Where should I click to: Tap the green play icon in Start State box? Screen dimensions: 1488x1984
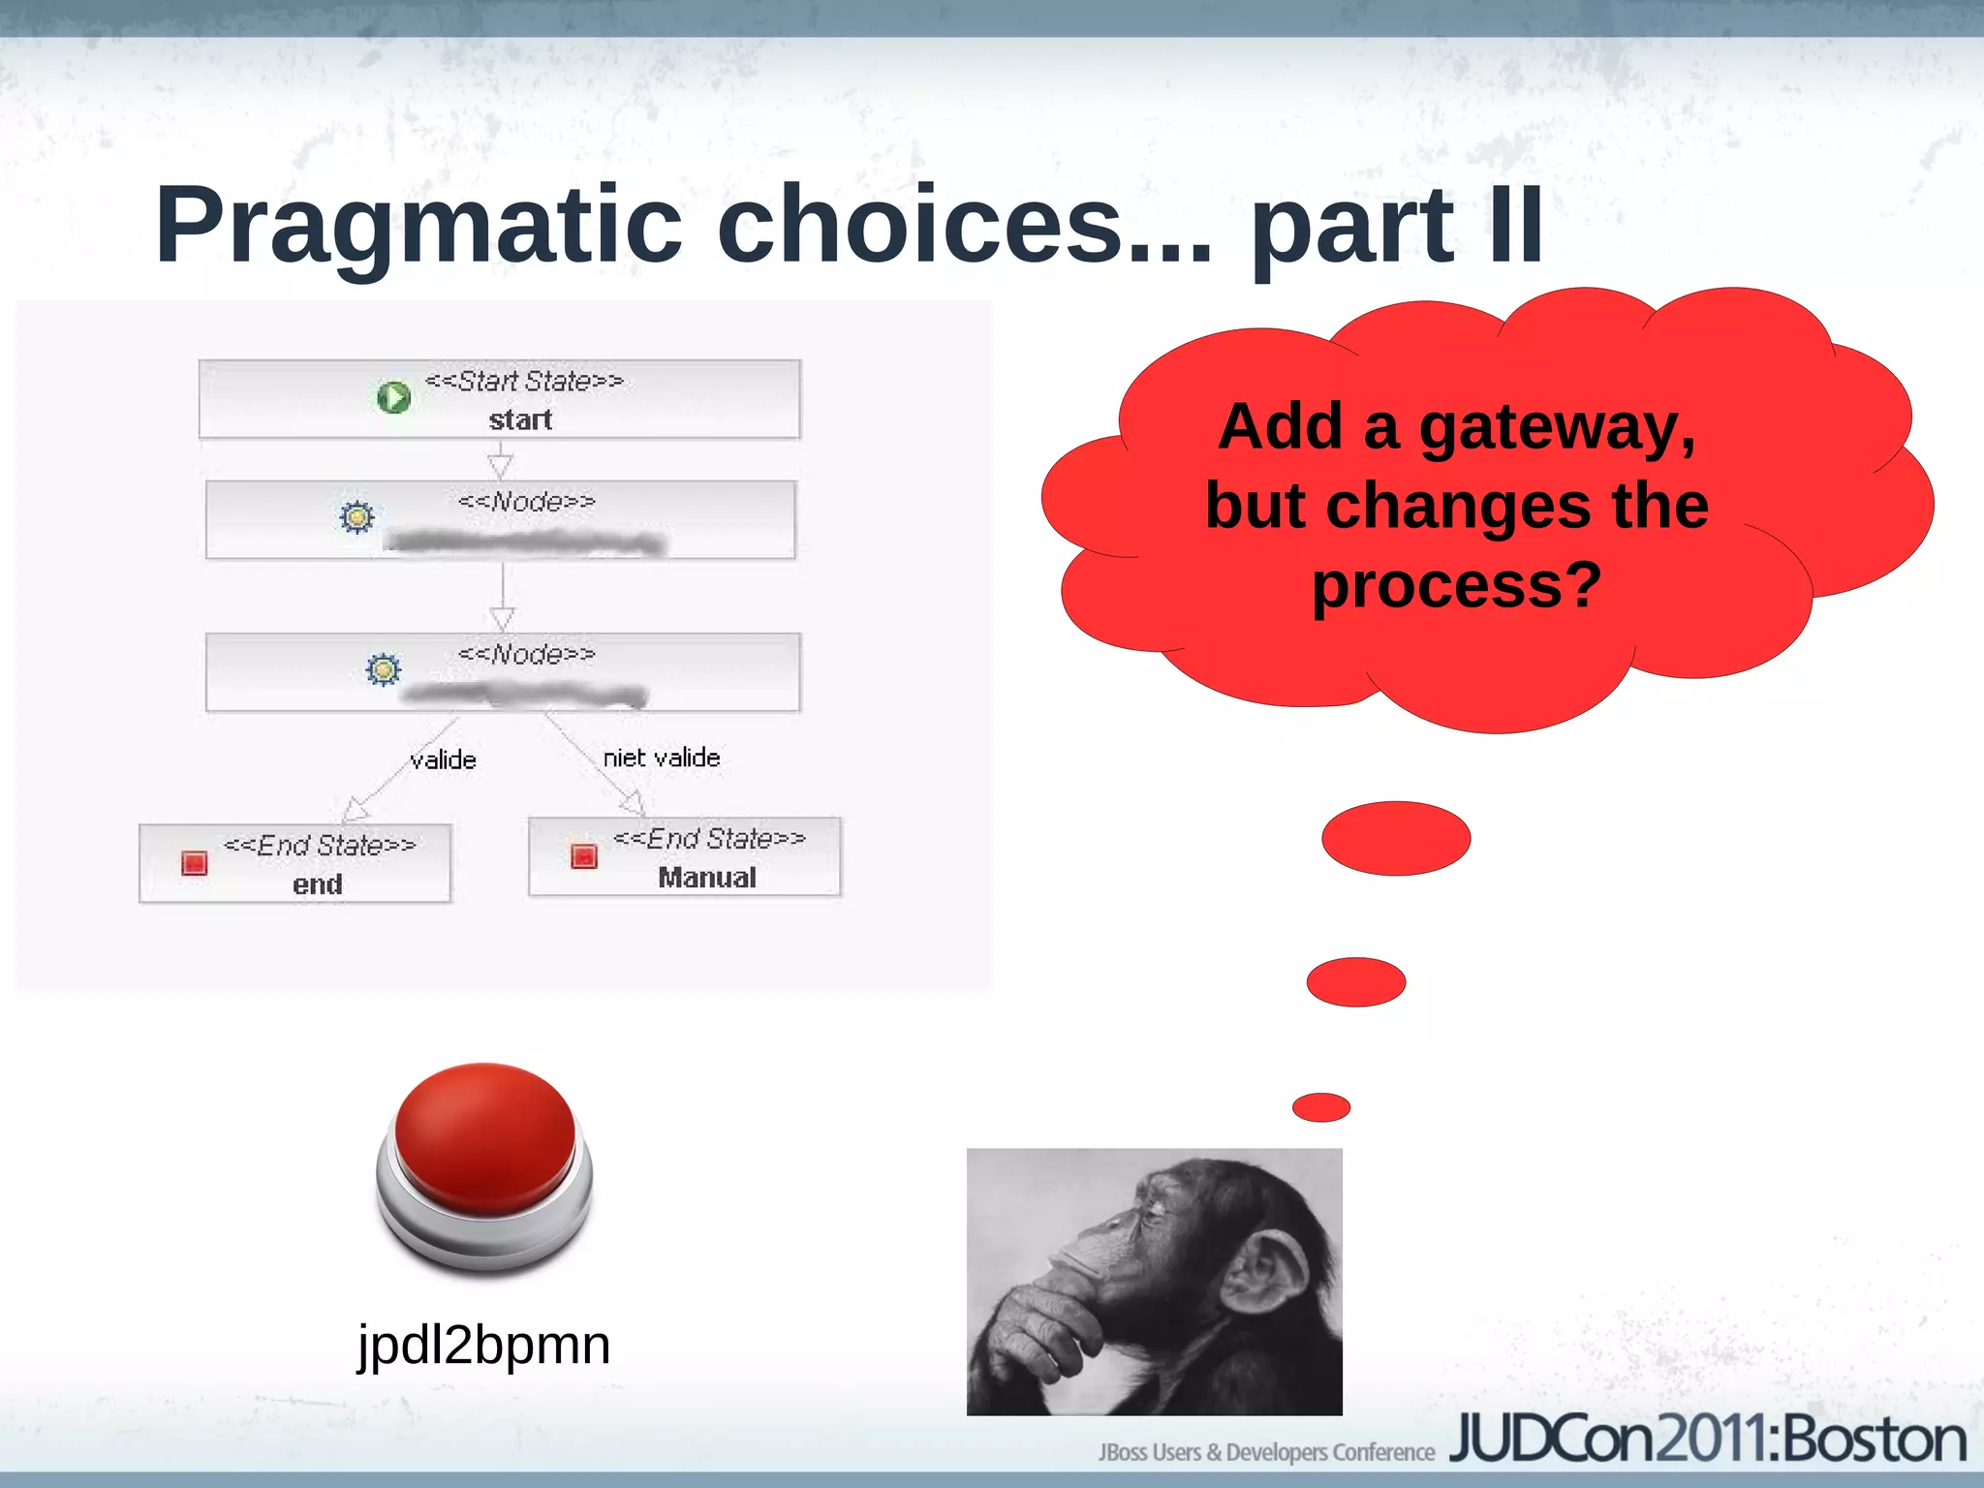click(393, 397)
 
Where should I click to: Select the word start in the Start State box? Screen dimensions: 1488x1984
click(520, 419)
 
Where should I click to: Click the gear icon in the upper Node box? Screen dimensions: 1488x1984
click(356, 516)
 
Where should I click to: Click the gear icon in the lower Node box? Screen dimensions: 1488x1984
click(383, 669)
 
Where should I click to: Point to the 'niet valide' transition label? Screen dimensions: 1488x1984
click(662, 758)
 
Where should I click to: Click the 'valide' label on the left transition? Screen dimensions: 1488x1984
click(443, 759)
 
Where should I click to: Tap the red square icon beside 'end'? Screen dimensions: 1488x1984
click(195, 862)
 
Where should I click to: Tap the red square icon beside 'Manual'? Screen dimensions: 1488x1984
click(584, 855)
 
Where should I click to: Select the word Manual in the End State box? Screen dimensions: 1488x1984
click(707, 878)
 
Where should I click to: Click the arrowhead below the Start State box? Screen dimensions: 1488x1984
click(500, 465)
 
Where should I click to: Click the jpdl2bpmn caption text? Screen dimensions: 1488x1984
click(484, 1345)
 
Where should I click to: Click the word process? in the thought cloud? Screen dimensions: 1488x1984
click(1456, 585)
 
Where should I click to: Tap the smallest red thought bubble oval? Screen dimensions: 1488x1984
click(1320, 1106)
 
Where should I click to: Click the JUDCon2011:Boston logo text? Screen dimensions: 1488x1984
click(1707, 1440)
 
